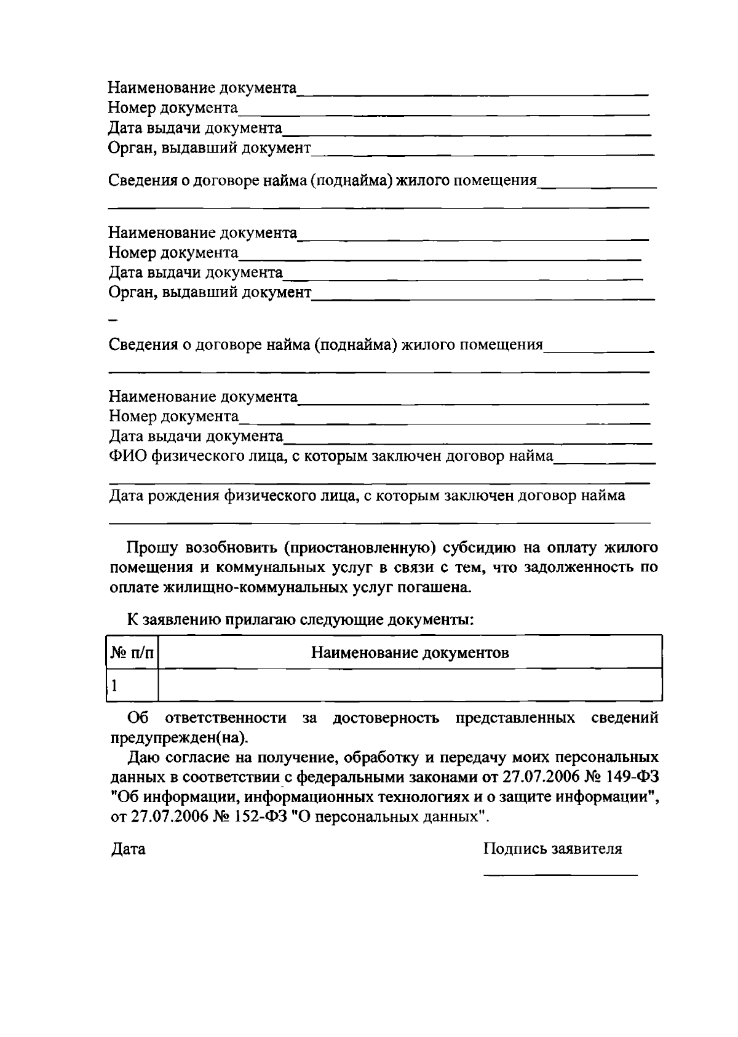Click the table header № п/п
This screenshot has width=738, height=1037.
pos(132,653)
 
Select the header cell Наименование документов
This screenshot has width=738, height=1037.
pos(410,653)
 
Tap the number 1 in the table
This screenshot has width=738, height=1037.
pos(114,685)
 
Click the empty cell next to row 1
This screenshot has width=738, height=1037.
pos(410,685)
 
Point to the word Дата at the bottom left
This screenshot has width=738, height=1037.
pos(128,849)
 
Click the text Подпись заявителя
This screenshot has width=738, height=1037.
pos(552,849)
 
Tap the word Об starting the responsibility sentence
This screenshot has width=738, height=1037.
pos(138,718)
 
